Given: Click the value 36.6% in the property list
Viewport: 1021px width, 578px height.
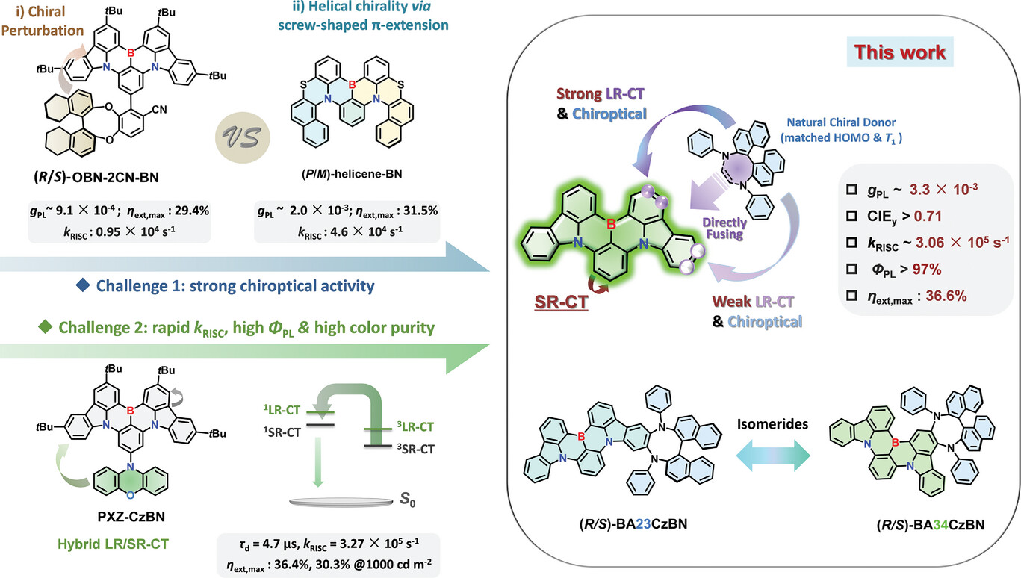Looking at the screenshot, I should [x=946, y=296].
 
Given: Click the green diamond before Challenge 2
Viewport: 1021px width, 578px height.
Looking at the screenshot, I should [x=46, y=326].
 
